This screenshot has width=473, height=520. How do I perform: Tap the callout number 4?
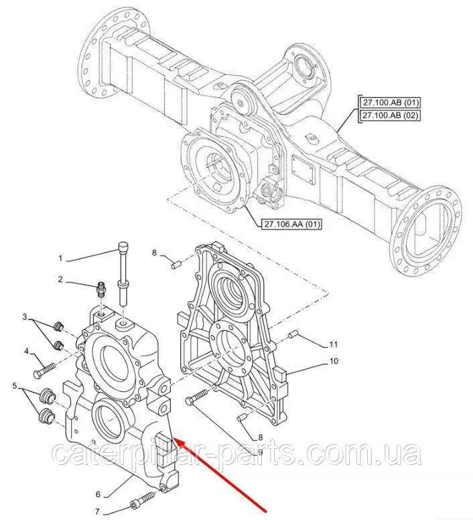[x=26, y=350]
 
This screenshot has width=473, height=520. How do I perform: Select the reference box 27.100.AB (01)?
[x=390, y=103]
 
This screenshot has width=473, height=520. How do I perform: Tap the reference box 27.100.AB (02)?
[x=390, y=116]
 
